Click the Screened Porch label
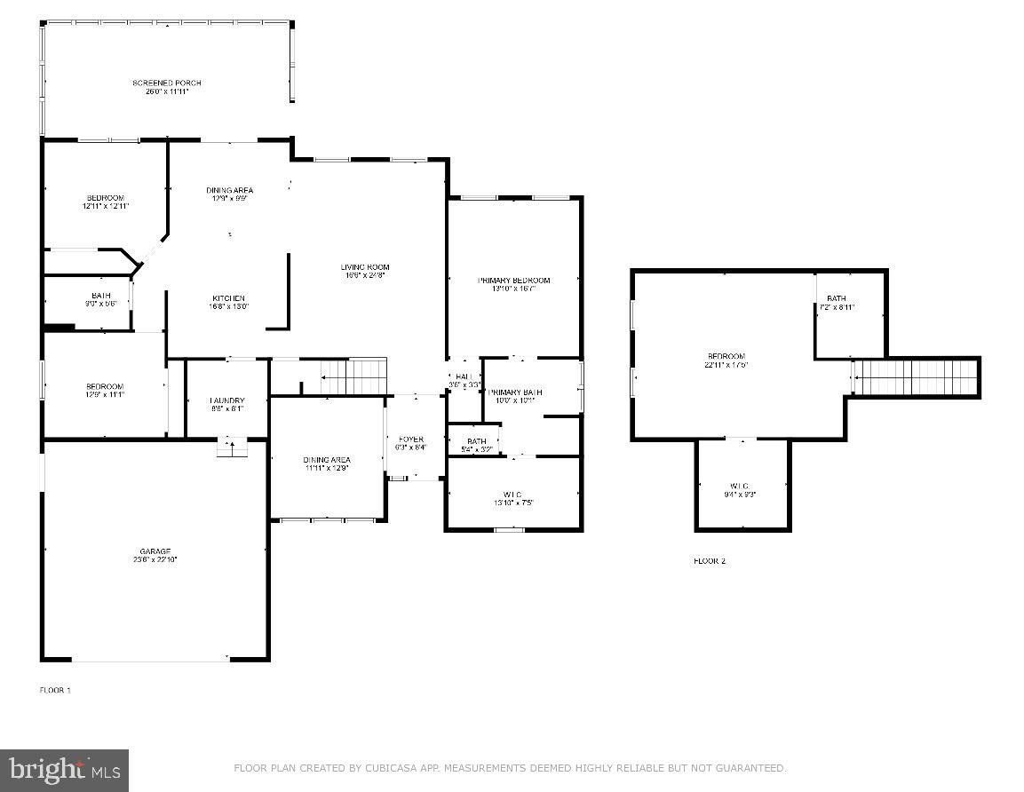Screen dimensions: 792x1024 pos(167,83)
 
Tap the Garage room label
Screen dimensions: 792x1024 pos(155,551)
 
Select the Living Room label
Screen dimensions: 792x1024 pos(365,267)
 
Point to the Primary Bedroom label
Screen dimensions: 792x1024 pos(513,281)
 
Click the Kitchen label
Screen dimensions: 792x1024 pos(228,298)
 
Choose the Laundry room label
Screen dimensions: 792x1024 pos(226,401)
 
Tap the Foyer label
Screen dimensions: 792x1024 pos(410,440)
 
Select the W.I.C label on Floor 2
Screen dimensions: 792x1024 pos(741,486)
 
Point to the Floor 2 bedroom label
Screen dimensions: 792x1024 pos(726,356)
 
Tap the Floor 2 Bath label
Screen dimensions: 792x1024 pos(836,298)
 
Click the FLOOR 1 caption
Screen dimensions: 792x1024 pos(55,690)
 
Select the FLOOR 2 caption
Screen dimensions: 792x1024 pos(710,561)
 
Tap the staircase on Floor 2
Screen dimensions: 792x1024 pos(915,377)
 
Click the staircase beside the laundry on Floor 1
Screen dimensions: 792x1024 pos(353,376)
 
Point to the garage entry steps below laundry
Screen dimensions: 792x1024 pos(232,448)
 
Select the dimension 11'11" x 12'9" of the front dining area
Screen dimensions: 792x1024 pos(326,468)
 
